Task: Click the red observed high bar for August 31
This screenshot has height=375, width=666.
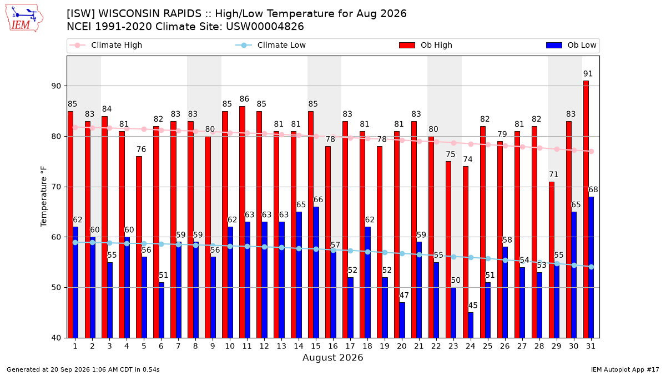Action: [x=586, y=209]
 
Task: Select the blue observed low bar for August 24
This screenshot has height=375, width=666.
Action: [x=471, y=325]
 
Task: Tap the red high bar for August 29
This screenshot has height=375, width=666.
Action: [x=552, y=260]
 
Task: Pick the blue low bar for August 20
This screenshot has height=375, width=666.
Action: [x=402, y=320]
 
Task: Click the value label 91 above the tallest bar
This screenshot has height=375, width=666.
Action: [x=588, y=73]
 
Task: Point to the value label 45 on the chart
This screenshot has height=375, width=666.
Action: [x=473, y=306]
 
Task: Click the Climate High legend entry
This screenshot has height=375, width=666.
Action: [x=106, y=45]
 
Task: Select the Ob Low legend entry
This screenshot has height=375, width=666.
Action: [x=571, y=45]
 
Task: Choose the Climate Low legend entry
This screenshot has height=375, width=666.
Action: [x=271, y=45]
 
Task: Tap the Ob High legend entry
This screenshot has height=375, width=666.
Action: [x=426, y=45]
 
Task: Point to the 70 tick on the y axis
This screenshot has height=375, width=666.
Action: [x=56, y=187]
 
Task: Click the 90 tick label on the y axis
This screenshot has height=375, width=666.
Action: [x=56, y=86]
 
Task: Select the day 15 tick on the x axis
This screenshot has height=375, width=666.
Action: [x=316, y=346]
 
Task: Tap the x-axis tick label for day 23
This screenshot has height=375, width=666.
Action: [x=453, y=346]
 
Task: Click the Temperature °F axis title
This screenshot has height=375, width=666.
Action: [x=44, y=197]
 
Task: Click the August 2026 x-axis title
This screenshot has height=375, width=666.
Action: [x=332, y=357]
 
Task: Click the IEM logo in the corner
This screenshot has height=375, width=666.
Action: [x=24, y=18]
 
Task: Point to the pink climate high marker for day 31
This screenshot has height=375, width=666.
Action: [x=592, y=151]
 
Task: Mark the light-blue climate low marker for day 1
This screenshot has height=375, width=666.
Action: [x=75, y=243]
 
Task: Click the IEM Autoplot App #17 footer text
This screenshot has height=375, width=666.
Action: [x=625, y=369]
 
